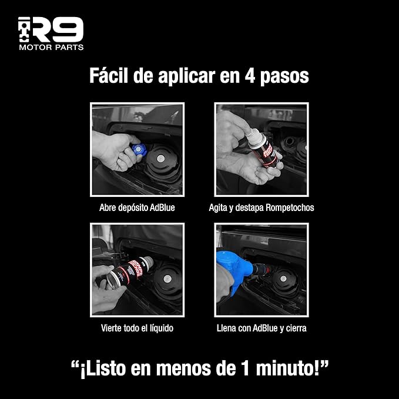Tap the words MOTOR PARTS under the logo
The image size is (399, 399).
pos(51,48)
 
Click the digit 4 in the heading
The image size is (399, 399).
pos(250,75)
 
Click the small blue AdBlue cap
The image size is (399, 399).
pos(139,149)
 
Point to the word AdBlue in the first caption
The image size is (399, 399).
pos(162,207)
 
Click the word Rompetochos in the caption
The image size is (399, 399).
pos(290,208)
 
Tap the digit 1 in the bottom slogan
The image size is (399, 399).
pos(245,368)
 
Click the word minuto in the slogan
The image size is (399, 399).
pos(285,368)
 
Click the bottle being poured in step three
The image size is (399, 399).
pos(130,272)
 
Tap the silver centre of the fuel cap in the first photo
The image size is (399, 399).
pos(160,159)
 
